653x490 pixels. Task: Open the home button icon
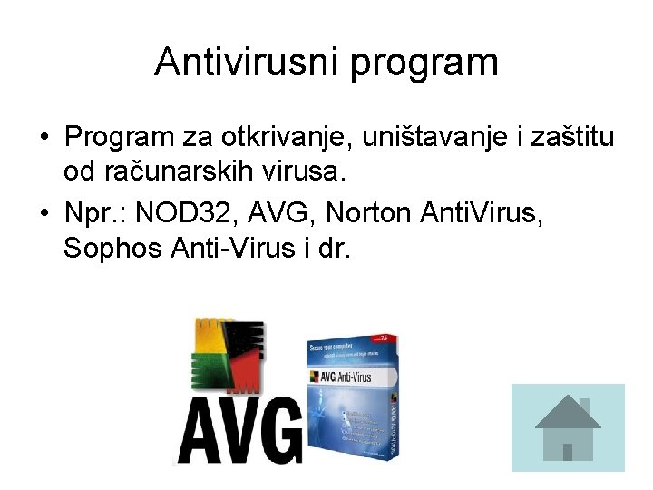568,427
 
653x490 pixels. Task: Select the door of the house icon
568,451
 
